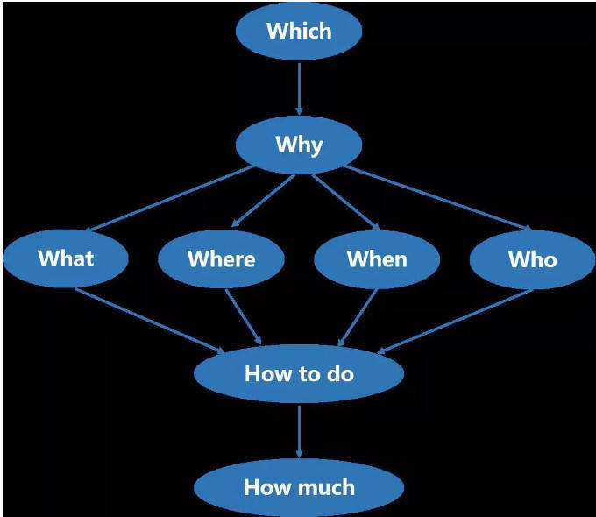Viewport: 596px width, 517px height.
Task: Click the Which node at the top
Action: pyautogui.click(x=299, y=32)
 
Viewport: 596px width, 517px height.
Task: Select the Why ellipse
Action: pyautogui.click(x=299, y=145)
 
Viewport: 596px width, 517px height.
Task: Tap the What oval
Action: pyautogui.click(x=66, y=258)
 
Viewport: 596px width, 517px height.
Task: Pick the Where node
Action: pyautogui.click(x=221, y=258)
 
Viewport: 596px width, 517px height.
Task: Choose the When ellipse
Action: pyautogui.click(x=377, y=258)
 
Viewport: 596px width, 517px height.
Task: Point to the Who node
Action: pyautogui.click(x=532, y=258)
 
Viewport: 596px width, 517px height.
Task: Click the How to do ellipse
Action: pyautogui.click(x=299, y=374)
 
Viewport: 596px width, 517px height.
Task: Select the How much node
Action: pyautogui.click(x=299, y=486)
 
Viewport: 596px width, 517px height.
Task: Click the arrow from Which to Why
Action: pyautogui.click(x=299, y=88)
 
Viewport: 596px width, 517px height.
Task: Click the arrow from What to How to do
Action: pyautogui.click(x=150, y=319)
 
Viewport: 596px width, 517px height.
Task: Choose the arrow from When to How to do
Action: pyautogui.click(x=358, y=317)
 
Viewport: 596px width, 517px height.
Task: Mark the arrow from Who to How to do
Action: pyautogui.click(x=455, y=321)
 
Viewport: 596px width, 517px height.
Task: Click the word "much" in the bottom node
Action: pyautogui.click(x=325, y=486)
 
